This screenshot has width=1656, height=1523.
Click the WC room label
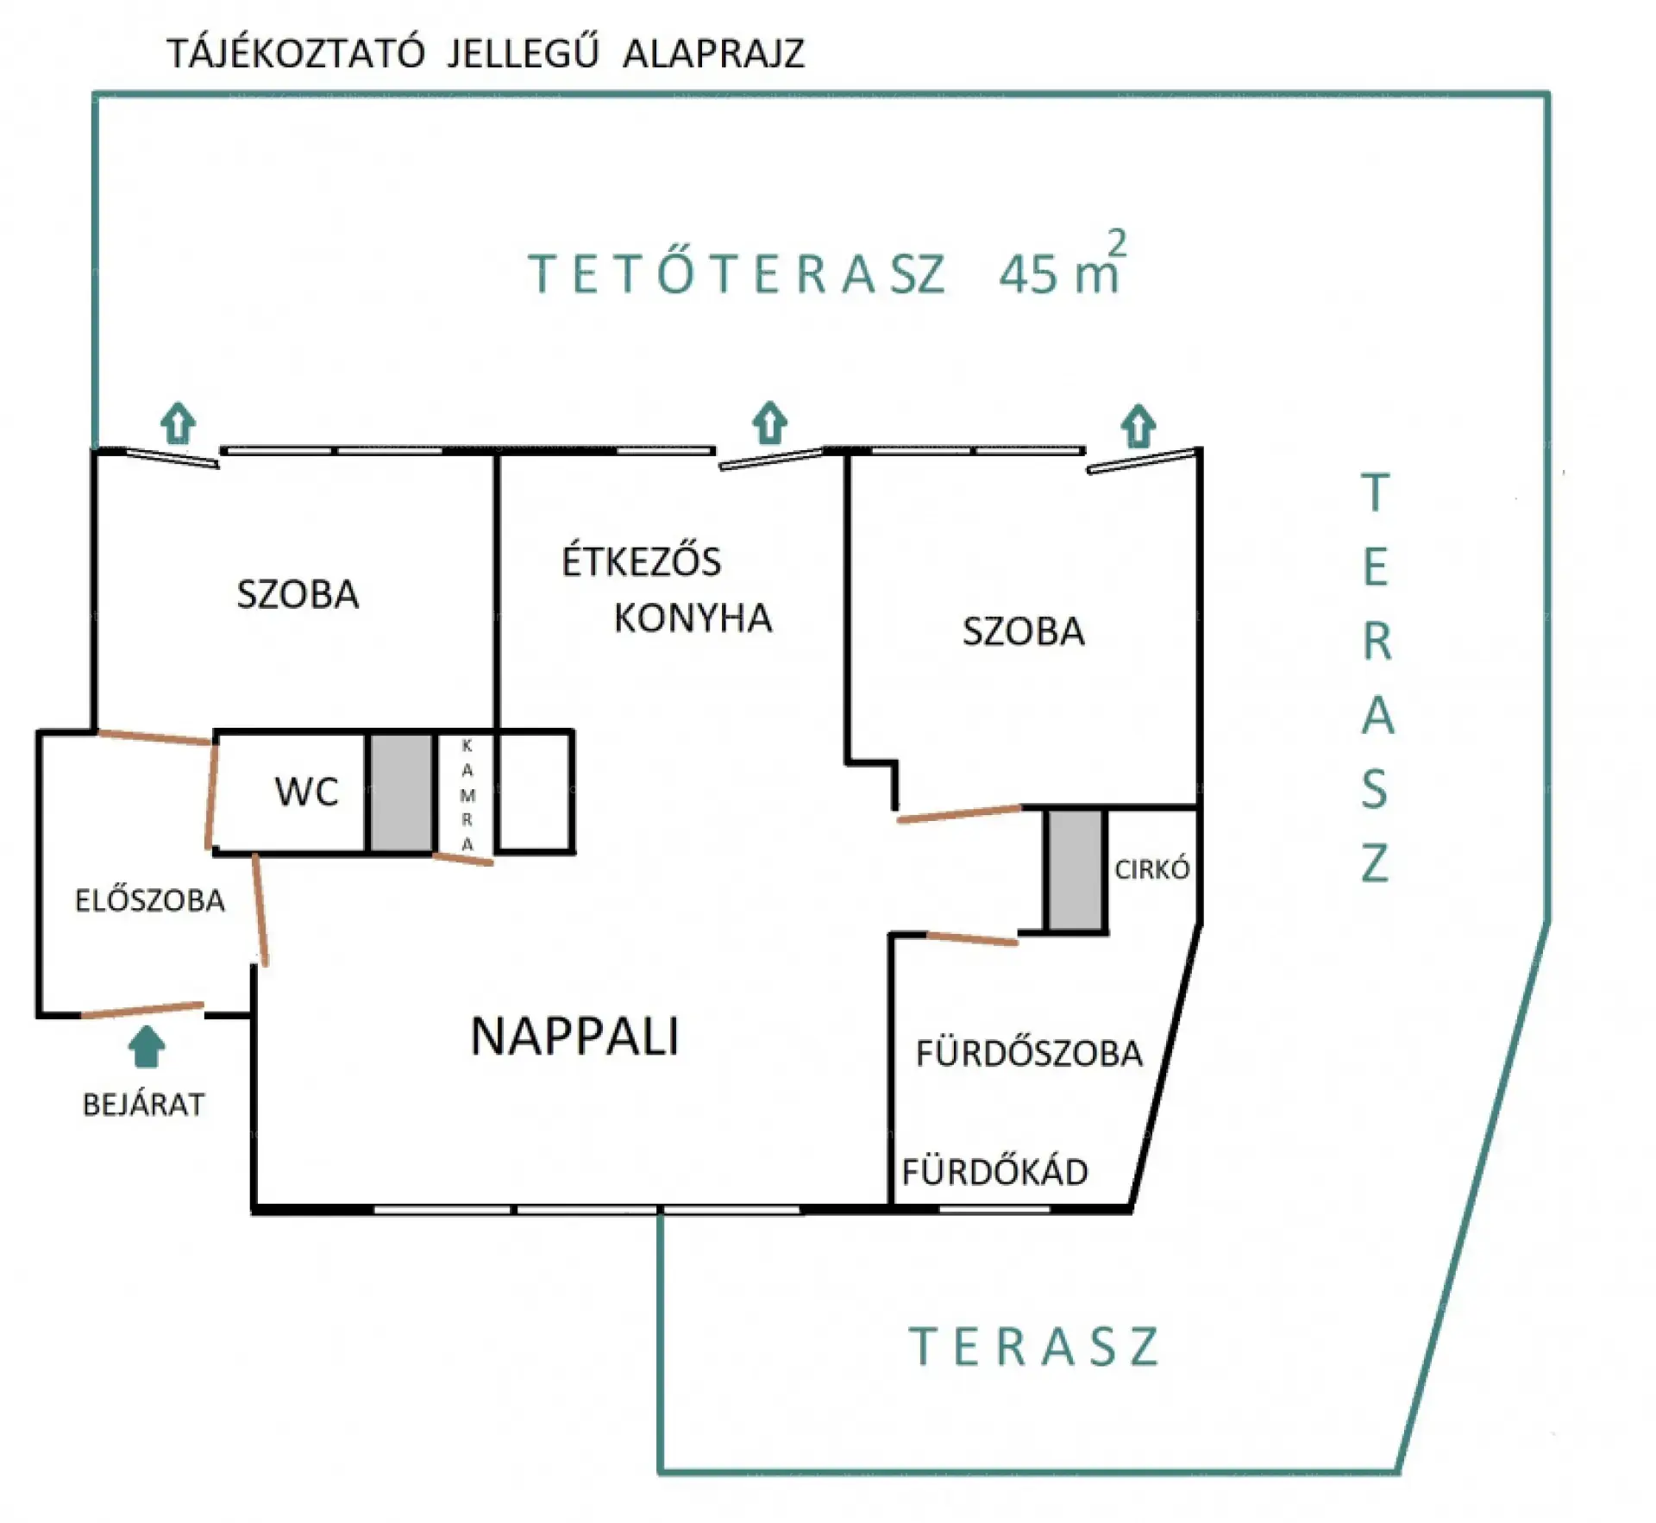click(x=306, y=791)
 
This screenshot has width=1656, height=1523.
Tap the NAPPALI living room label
click(x=574, y=1036)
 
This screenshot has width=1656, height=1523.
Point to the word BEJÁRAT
click(x=143, y=1105)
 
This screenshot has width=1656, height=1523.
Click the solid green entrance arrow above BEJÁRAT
click(x=147, y=1046)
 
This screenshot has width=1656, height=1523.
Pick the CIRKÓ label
click(x=1151, y=869)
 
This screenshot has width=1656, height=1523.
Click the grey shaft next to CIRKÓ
click(x=1075, y=870)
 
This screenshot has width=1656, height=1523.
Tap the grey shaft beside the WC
click(x=401, y=793)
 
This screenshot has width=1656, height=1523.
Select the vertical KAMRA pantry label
click(x=467, y=795)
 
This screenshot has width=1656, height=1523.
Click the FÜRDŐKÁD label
click(x=994, y=1172)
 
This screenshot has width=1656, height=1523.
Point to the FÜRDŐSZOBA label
click(x=1029, y=1053)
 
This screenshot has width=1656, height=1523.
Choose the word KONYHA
click(x=693, y=618)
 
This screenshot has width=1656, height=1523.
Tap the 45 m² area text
click(x=1063, y=265)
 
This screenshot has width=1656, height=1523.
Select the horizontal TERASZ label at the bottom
click(x=1034, y=1347)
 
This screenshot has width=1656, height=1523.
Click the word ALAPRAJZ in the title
click(x=713, y=53)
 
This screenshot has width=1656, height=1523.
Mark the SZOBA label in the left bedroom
click(x=298, y=595)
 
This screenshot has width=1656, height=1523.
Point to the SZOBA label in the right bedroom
click(x=1023, y=631)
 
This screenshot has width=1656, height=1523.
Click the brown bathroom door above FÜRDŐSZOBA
click(x=972, y=938)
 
